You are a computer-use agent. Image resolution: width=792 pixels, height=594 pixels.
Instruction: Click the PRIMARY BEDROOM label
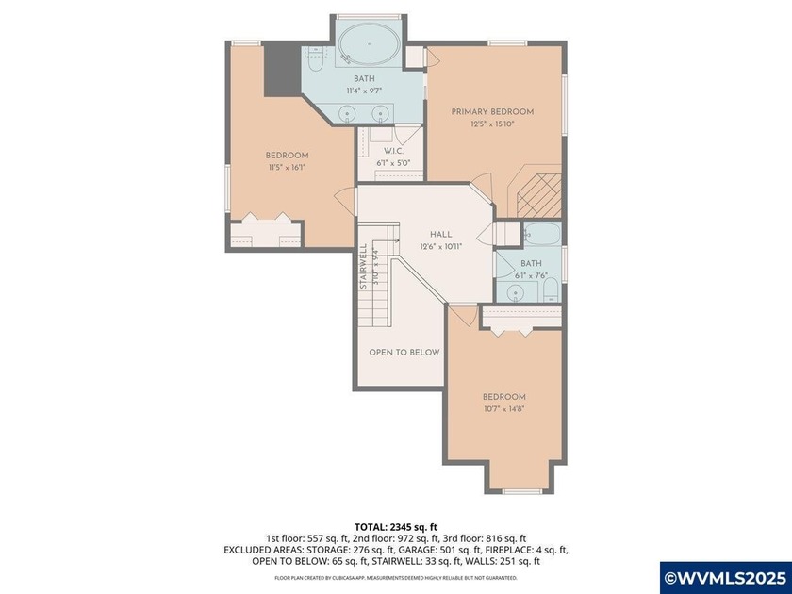coord(491,111)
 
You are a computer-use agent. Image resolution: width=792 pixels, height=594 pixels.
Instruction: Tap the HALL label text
coord(440,235)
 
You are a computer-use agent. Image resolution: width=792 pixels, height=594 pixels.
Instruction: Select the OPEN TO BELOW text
coord(404,352)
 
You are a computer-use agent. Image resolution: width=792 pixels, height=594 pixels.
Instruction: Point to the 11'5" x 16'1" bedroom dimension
coord(287,168)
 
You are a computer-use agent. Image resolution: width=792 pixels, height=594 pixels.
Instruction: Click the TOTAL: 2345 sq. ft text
coord(396,527)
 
